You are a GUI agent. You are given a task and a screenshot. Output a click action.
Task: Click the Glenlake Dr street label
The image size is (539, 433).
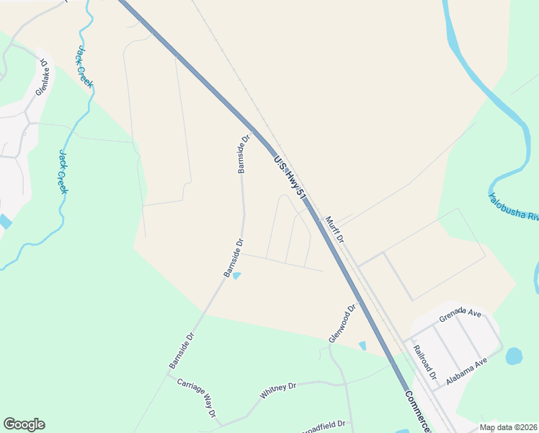[43, 77]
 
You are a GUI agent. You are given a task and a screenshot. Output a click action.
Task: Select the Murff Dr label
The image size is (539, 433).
[334, 229]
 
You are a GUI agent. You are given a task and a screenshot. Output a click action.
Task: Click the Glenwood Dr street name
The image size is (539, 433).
[342, 323]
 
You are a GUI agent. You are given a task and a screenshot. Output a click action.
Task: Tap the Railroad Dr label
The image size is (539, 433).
[425, 362]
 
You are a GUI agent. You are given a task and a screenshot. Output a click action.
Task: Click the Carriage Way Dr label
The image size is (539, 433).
[197, 396]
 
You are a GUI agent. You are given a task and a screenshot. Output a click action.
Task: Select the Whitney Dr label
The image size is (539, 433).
[278, 391]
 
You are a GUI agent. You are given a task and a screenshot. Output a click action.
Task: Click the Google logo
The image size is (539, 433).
[24, 424]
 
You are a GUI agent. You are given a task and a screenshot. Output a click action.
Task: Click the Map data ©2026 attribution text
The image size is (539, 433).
[508, 427]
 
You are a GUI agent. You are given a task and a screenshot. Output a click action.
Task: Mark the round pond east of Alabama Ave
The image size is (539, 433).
[514, 356]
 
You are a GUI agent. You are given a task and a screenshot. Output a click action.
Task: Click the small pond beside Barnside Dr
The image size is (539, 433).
[237, 275]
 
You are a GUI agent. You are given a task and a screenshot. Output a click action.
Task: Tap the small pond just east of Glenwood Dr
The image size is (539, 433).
[362, 346]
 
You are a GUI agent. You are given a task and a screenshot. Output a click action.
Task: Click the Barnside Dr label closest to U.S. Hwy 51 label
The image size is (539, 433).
[244, 153]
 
